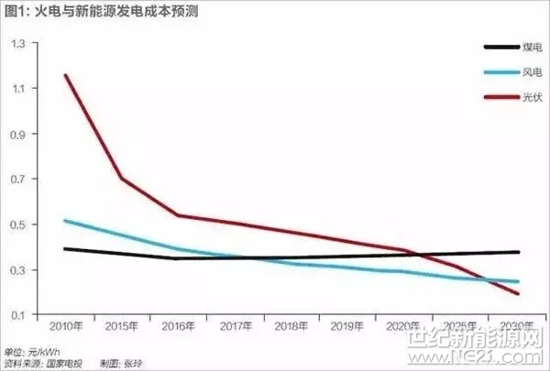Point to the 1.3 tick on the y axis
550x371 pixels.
tap(17, 42)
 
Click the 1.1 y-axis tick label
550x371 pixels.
tap(17, 88)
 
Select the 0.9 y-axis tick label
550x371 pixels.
tap(17, 134)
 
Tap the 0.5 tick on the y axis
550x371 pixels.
tap(17, 224)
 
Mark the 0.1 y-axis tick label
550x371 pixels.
tap(17, 315)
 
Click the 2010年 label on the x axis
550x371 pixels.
tap(66, 327)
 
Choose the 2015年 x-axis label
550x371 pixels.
tap(123, 327)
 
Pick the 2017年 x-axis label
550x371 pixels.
tap(236, 327)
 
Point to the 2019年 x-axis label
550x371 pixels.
tap(348, 327)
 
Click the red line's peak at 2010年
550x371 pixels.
tap(66, 75)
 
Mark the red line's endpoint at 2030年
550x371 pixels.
tap(518, 293)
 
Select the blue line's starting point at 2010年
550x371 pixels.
tap(66, 220)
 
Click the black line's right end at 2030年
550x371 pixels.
tap(518, 252)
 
